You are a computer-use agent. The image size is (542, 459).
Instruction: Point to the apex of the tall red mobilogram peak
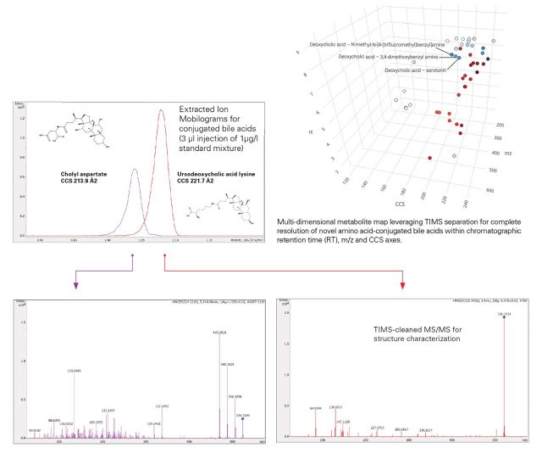161,110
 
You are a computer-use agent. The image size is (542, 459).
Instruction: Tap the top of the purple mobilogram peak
134,169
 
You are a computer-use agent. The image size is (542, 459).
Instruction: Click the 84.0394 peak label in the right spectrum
317,385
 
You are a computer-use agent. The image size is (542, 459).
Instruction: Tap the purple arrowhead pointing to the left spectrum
76,287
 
